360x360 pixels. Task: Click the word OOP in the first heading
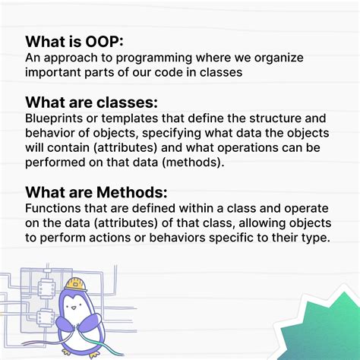tap(104, 42)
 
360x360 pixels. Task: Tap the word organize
tap(279, 58)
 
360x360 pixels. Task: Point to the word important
tap(52, 73)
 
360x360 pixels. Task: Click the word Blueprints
tap(54, 119)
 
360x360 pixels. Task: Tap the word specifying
tap(172, 134)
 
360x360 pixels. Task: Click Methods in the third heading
tap(132, 192)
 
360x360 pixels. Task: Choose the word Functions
tap(53, 208)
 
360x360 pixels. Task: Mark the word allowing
tap(262, 223)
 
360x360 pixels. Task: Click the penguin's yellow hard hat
tap(75, 284)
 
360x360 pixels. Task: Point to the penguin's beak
tap(74, 308)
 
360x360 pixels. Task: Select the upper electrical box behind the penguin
tap(46, 288)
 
